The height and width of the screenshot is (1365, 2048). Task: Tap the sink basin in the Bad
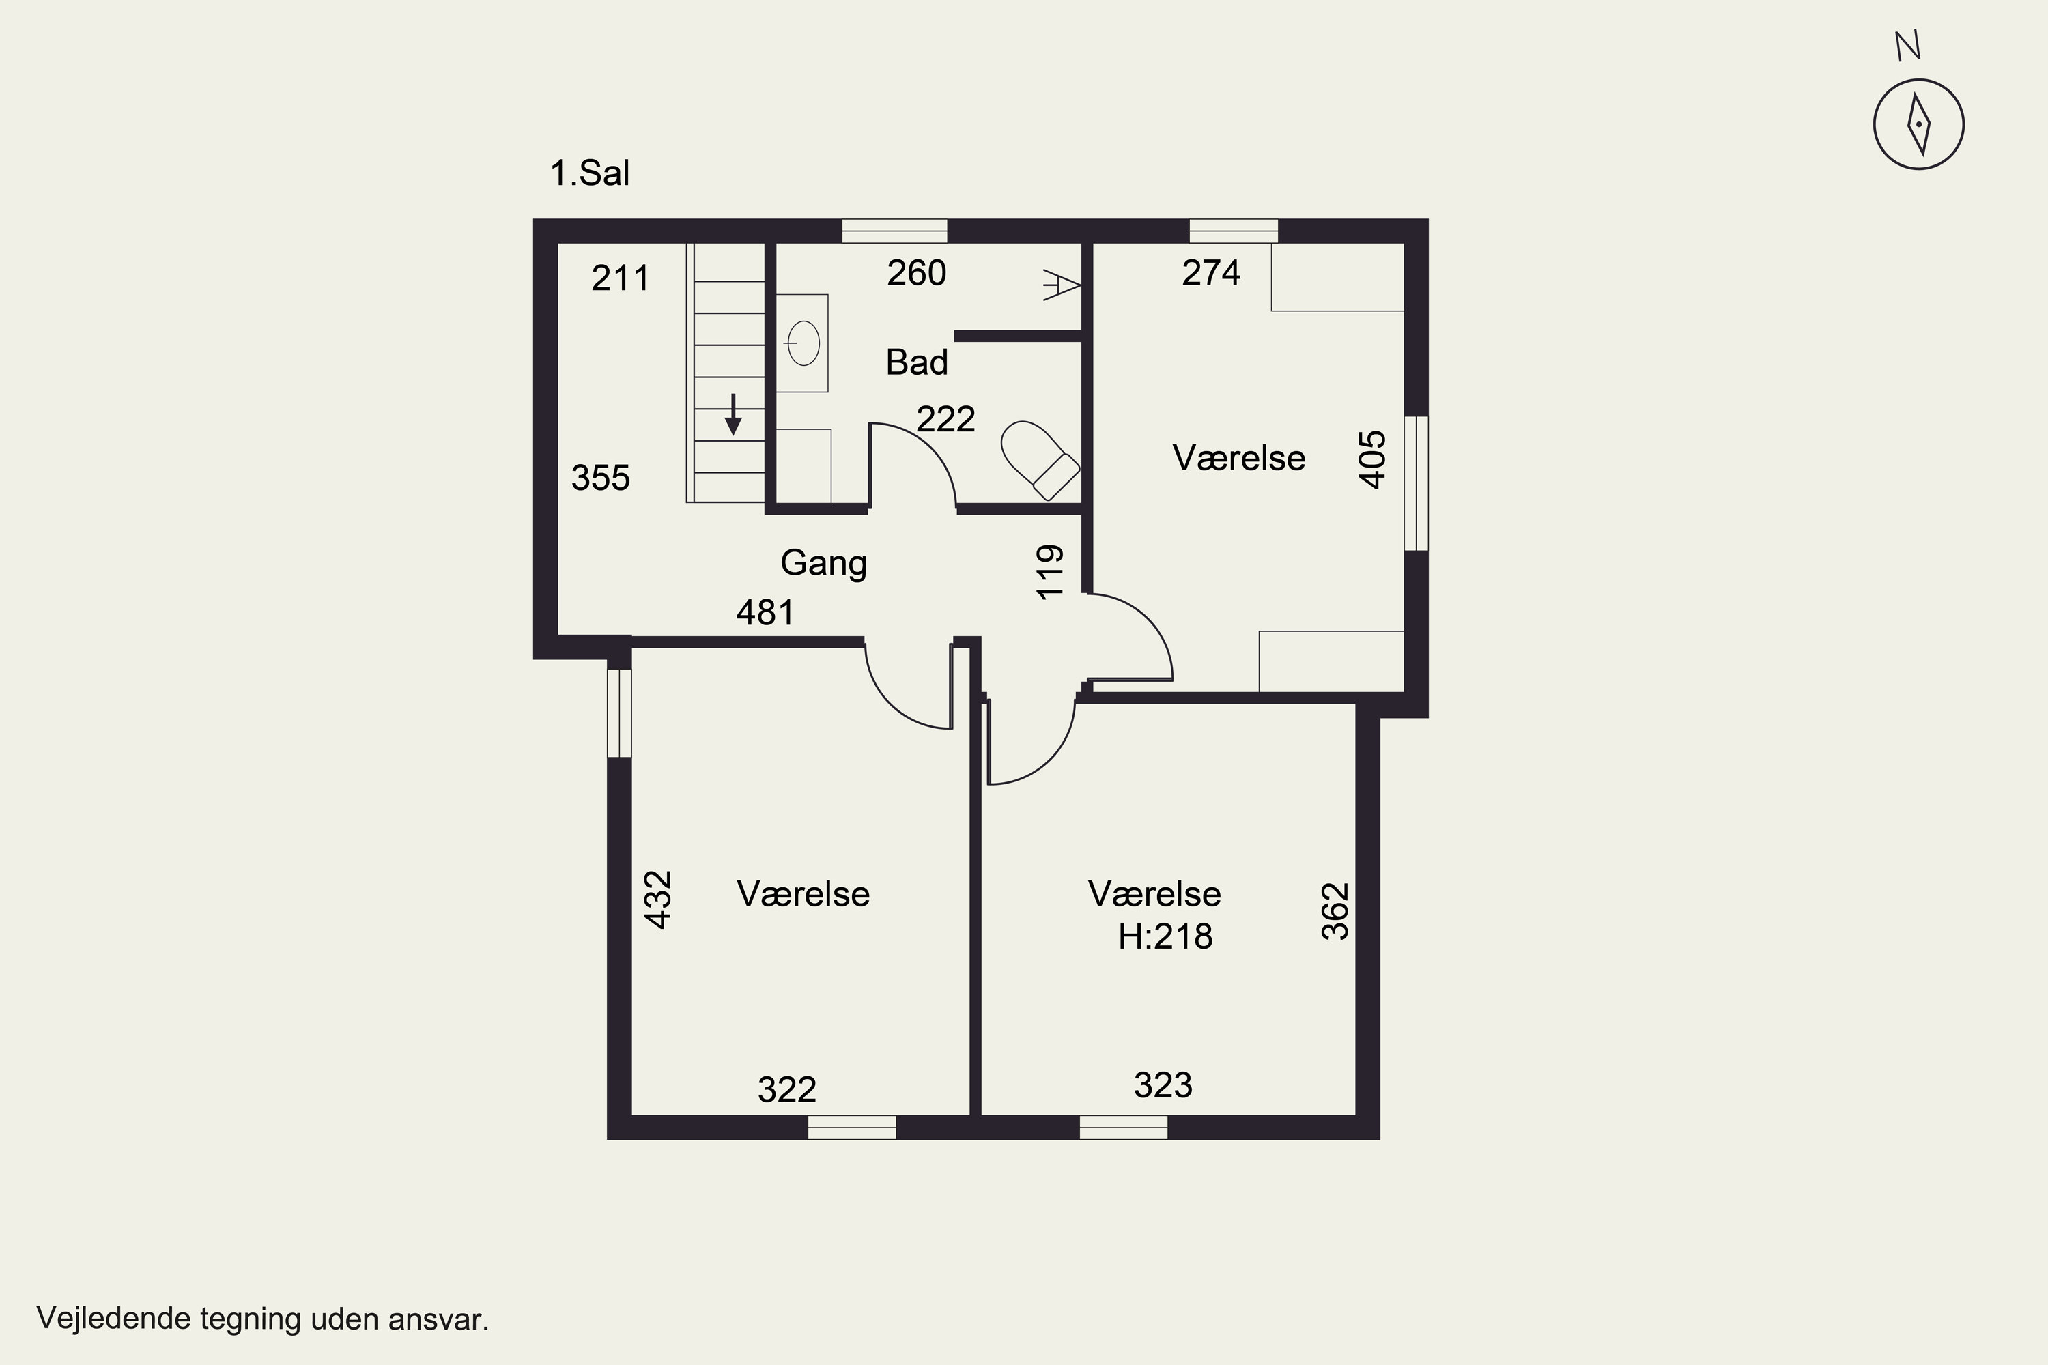[x=802, y=343]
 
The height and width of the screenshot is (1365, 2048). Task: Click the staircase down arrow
[x=733, y=414]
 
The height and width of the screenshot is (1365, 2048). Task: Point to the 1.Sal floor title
[x=590, y=173]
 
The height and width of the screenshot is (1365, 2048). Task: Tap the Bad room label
[x=917, y=362]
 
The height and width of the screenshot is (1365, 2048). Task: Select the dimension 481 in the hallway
[x=765, y=613]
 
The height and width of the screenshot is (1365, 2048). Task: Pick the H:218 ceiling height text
[x=1165, y=936]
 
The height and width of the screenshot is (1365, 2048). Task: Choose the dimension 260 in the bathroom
[x=917, y=274]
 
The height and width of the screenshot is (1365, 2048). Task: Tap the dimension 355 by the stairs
[x=601, y=478]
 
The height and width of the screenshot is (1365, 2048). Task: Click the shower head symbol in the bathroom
[x=1062, y=285]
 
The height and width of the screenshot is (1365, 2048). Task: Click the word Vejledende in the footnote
[x=113, y=1319]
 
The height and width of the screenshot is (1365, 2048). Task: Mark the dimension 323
[x=1163, y=1086]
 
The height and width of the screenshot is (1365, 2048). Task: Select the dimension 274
[x=1211, y=274]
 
